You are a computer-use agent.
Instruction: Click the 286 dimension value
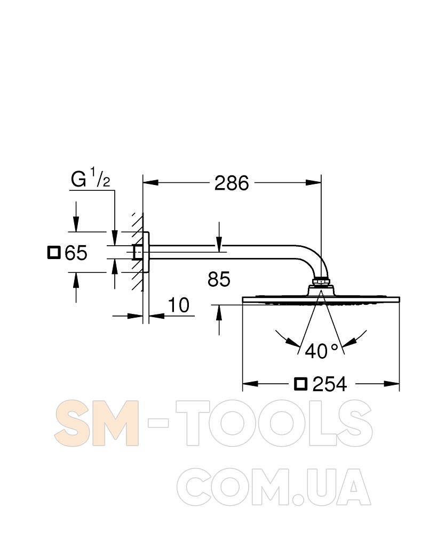click(x=232, y=183)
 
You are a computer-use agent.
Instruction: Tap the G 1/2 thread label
click(x=91, y=179)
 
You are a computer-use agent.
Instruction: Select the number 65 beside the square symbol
click(x=76, y=253)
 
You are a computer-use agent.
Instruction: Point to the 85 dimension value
click(x=219, y=279)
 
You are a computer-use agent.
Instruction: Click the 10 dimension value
click(x=179, y=305)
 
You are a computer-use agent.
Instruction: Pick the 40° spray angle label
click(x=322, y=351)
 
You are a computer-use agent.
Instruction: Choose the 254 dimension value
click(x=330, y=384)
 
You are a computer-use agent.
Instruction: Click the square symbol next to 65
click(x=54, y=253)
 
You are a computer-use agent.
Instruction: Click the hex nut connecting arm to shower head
click(x=321, y=281)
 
